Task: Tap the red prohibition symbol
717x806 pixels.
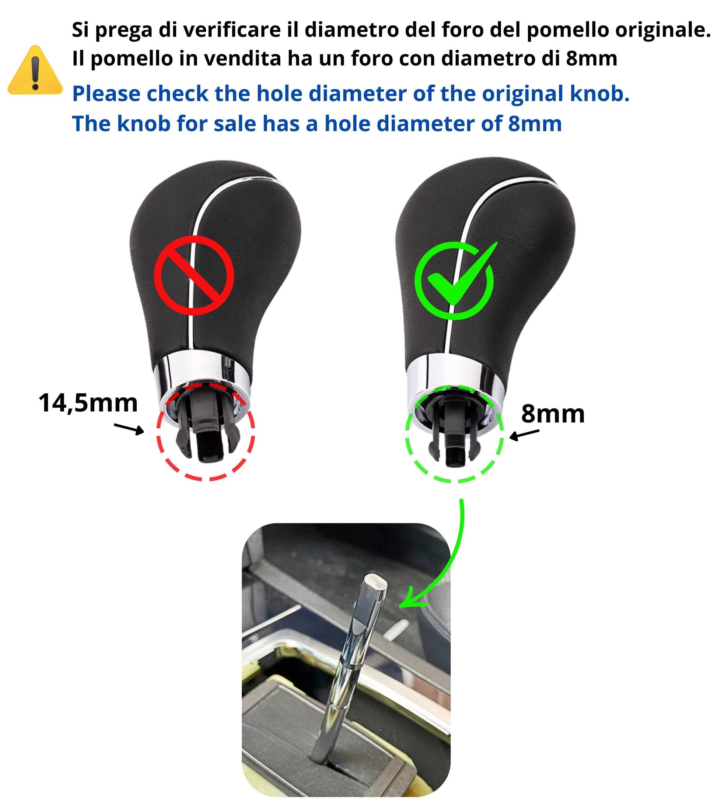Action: point(194,275)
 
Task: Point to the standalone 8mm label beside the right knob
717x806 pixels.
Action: point(553,413)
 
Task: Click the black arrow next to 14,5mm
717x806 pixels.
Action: point(129,429)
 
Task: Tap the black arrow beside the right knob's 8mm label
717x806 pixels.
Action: point(524,435)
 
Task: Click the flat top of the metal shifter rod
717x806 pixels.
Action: point(376,582)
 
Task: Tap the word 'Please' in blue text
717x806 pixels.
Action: point(106,94)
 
